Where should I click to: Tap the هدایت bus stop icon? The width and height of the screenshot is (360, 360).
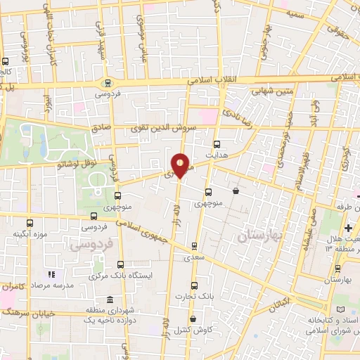tap(217, 143)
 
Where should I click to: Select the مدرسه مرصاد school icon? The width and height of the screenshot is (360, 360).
tap(50, 274)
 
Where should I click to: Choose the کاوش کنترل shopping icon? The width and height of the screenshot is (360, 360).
tap(193, 319)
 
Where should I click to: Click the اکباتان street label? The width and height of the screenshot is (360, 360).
tap(279, 305)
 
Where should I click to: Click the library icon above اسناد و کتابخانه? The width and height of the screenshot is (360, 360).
tap(342, 309)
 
